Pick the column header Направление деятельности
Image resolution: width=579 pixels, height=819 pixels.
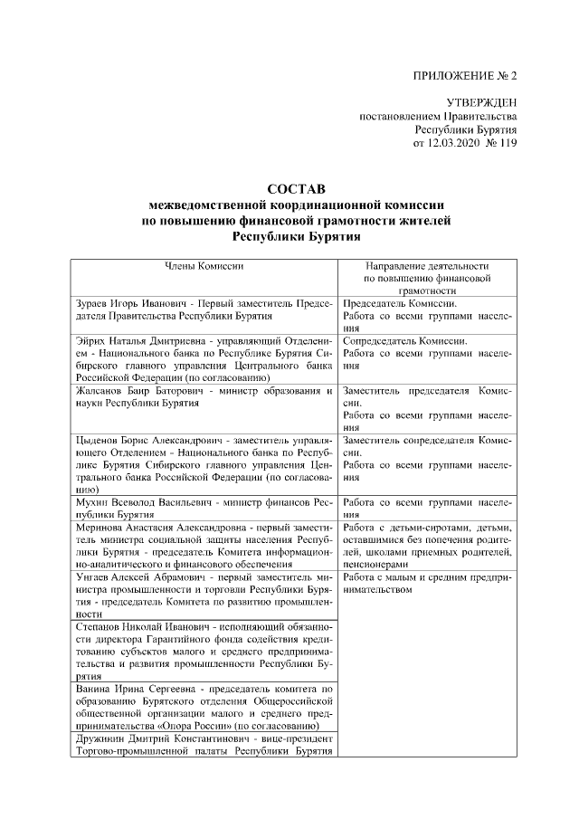[x=426, y=267]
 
